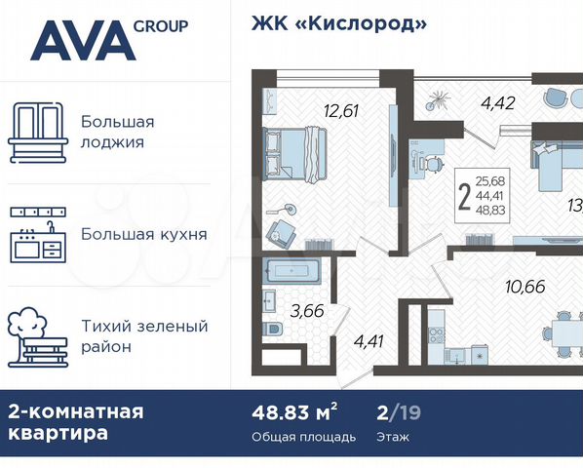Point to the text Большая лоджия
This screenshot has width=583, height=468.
(x=118, y=132)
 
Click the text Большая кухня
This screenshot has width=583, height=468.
(x=143, y=234)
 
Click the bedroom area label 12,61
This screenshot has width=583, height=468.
(x=339, y=110)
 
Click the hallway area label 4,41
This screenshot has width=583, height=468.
(x=368, y=340)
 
